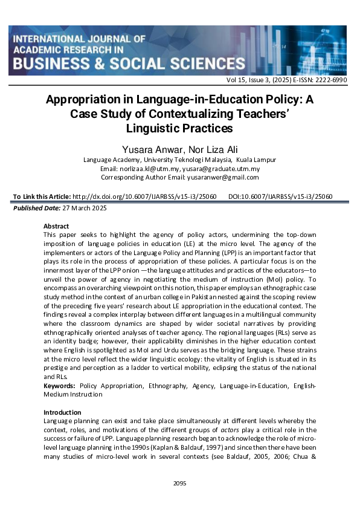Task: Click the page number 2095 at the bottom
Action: click(x=179, y=483)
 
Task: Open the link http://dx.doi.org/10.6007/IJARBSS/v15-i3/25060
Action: click(x=144, y=196)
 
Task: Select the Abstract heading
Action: click(x=56, y=226)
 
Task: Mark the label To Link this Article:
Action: click(x=40, y=196)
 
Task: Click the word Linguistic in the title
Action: click(x=152, y=128)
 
